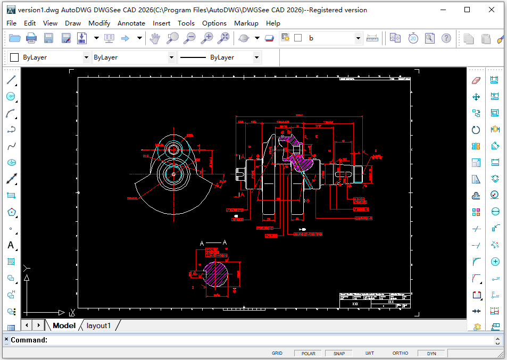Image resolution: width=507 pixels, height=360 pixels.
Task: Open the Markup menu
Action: [246, 23]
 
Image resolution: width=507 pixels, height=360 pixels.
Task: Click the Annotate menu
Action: [131, 23]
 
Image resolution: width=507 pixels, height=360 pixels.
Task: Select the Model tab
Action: [64, 325]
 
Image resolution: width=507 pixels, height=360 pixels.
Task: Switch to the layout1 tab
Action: [98, 325]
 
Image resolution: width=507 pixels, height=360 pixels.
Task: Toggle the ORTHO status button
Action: [400, 353]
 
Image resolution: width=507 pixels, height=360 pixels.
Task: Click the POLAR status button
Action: [308, 353]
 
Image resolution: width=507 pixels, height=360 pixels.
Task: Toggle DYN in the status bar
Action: [431, 353]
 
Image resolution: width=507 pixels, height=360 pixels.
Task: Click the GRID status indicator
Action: [277, 353]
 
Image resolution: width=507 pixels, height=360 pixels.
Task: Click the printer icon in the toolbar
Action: [31, 38]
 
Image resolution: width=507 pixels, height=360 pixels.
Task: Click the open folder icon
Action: [14, 38]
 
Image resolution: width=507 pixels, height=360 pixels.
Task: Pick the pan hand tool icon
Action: [154, 38]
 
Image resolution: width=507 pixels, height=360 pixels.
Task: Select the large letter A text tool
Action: [11, 245]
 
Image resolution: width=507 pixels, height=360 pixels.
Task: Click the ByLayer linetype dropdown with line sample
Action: [219, 57]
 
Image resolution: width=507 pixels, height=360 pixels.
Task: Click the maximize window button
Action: [467, 10]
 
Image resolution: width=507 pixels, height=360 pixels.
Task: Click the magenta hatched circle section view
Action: [215, 273]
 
